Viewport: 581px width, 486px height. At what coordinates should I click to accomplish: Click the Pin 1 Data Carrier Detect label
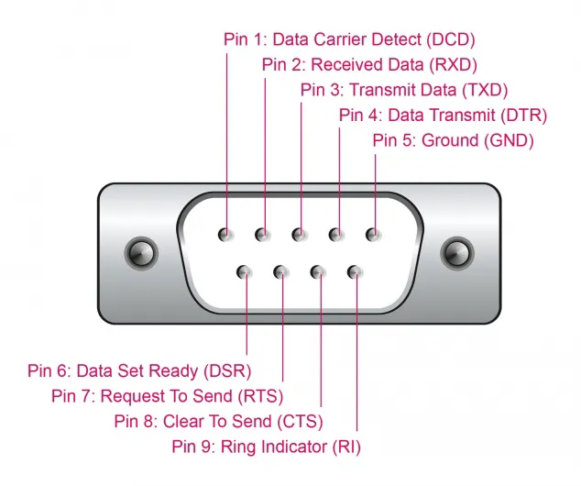point(350,39)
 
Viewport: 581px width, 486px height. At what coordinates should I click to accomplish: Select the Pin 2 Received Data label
point(369,64)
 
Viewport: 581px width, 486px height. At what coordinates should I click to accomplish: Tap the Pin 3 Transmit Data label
point(404,90)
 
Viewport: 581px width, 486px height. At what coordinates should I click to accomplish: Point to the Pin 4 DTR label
point(443,116)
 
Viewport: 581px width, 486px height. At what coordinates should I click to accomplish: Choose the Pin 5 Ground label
point(453,140)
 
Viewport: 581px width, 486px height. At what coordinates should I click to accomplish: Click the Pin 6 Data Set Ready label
point(139,370)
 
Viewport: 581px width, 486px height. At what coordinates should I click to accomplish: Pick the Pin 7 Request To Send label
point(167,396)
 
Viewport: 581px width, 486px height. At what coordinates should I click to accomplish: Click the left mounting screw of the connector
point(139,252)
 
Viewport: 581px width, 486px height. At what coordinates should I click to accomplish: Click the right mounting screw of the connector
point(455,252)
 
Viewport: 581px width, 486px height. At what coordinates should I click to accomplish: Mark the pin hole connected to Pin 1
point(225,235)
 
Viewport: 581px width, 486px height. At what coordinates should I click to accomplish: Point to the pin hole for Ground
point(373,235)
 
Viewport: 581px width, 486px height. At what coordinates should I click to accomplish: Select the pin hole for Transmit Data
point(300,235)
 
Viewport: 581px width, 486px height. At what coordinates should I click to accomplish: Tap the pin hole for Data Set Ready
point(245,271)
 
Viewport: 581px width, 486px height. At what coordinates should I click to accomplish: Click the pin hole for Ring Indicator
point(355,271)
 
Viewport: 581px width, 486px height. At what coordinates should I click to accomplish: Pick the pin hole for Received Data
point(263,235)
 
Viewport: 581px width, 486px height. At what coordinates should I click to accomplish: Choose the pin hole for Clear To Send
point(318,271)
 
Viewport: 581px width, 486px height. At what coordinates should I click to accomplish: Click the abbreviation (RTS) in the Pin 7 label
point(260,396)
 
